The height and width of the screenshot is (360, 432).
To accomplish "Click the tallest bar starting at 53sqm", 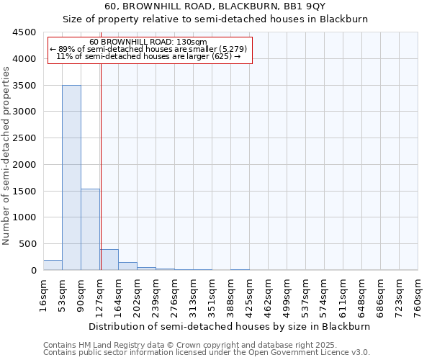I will click(x=71, y=177).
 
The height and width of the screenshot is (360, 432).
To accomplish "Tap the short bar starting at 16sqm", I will click(x=53, y=265).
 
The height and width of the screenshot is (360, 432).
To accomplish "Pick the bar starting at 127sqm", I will click(x=109, y=260).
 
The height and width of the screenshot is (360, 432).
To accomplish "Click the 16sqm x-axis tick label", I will click(x=44, y=294).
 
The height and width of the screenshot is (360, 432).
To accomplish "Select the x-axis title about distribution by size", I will click(x=230, y=326).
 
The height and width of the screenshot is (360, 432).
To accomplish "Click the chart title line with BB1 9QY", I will click(x=215, y=6).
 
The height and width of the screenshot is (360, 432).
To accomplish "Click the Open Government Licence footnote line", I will click(x=207, y=352).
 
